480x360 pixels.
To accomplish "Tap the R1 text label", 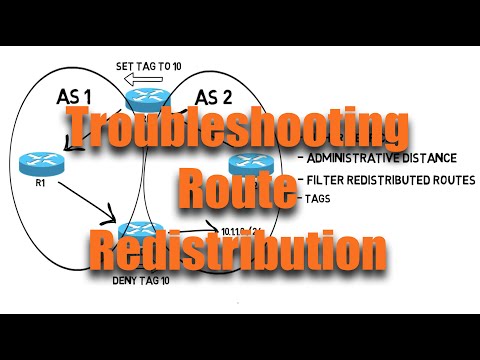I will point(39,184).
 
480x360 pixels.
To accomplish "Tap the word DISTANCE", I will point(430,157).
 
